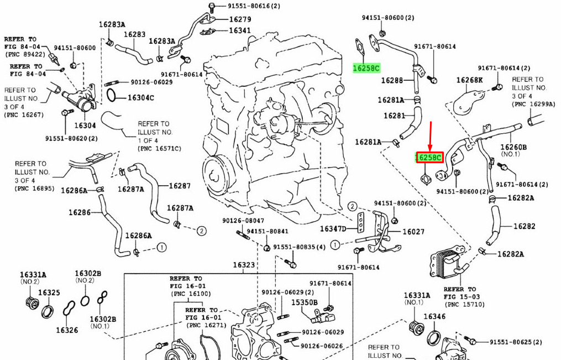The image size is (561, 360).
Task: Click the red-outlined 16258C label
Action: (429, 158)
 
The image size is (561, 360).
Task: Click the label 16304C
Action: (141, 98)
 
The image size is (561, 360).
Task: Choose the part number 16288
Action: (392, 81)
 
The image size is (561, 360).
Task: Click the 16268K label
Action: (469, 81)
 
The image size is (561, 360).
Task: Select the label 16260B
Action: (513, 147)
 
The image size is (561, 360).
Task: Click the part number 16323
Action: (244, 265)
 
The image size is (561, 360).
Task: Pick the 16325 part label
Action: (49, 293)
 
